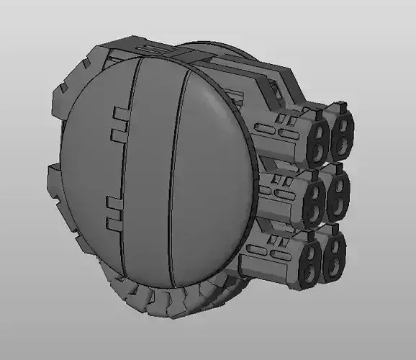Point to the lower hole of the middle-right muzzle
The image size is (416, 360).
(x=335, y=210)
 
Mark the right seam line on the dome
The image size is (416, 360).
(x=177, y=173)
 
